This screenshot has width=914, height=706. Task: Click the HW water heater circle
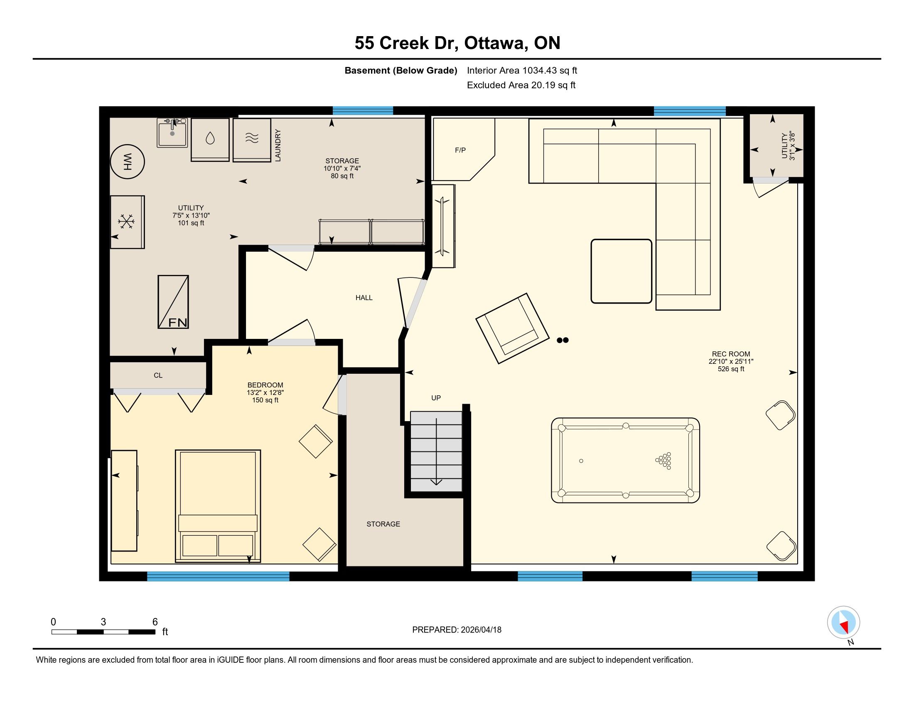(x=127, y=162)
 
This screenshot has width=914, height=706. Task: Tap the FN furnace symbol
(x=173, y=302)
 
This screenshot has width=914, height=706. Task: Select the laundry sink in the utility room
(x=172, y=132)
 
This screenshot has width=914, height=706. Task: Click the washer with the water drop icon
(x=210, y=140)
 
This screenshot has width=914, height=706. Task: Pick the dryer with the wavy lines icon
(x=252, y=140)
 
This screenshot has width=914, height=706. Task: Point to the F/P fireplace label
(x=460, y=150)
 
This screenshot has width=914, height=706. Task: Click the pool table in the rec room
(x=625, y=460)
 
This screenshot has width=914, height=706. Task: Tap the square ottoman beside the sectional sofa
(x=621, y=271)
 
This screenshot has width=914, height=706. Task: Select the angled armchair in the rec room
(x=512, y=328)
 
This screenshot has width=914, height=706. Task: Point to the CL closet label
(x=158, y=375)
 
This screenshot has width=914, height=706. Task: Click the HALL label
(x=364, y=298)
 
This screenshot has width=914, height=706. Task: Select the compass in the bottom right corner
(x=843, y=623)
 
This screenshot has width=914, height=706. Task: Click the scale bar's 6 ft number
(x=155, y=622)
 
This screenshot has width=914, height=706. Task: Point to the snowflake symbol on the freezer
(x=126, y=221)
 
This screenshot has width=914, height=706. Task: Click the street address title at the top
(x=457, y=43)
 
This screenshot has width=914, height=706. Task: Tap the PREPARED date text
(x=457, y=630)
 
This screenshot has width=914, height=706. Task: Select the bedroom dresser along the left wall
(x=124, y=501)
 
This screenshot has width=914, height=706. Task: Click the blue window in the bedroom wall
(x=218, y=576)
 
